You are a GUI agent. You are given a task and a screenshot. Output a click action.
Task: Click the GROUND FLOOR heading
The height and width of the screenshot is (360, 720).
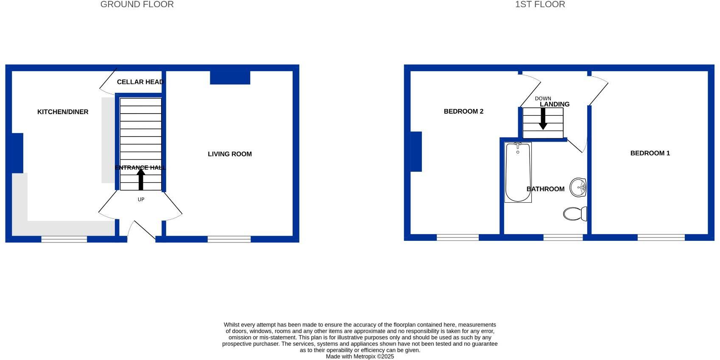137,5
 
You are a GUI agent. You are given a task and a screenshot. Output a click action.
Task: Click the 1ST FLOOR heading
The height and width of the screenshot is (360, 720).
540,5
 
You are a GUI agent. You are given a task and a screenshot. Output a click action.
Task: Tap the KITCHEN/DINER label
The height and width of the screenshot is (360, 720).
63,112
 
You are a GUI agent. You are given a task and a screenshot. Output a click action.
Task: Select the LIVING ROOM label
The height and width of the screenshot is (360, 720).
229,154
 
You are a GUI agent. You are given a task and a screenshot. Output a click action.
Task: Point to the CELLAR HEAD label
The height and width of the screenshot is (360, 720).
140,82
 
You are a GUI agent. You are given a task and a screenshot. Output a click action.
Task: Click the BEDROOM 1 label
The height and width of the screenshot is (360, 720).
650,153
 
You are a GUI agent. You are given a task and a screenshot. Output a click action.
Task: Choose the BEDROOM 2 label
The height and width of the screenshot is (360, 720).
463,112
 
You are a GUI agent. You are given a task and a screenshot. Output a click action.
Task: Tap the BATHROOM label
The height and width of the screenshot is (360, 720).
545,189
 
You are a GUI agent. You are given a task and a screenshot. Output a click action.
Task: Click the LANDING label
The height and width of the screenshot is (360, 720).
554,104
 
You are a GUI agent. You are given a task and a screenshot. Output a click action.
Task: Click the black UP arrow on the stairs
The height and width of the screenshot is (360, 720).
141,179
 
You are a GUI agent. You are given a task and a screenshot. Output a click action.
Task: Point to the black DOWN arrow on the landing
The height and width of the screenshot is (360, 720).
543,119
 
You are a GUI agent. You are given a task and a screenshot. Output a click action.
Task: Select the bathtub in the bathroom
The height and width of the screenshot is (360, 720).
518,172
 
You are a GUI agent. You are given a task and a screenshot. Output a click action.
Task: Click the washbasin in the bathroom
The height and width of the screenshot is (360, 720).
578,187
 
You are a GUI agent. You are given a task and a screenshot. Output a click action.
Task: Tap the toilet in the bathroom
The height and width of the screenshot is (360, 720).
575,214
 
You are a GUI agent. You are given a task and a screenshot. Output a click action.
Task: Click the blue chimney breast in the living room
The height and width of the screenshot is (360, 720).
230,78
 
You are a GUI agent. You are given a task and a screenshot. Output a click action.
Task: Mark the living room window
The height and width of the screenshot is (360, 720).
229,239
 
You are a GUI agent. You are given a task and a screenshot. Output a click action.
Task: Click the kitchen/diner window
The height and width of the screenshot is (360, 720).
64,239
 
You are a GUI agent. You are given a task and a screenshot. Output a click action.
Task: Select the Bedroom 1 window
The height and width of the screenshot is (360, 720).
661,237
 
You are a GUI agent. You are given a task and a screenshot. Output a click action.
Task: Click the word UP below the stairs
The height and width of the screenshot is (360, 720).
141,199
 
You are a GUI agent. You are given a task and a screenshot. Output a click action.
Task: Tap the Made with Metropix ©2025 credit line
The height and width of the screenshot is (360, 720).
360,357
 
